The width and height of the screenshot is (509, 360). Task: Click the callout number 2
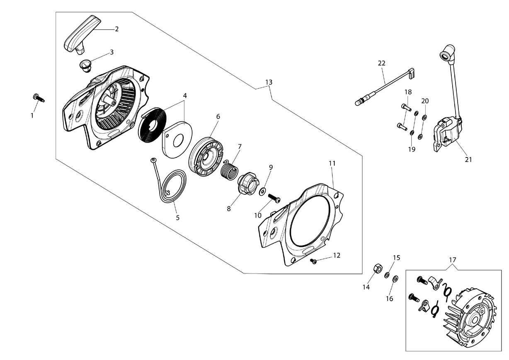tap(116, 29)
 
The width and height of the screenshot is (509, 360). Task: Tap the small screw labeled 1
tap(39, 98)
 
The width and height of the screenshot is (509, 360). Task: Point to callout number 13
tap(269, 82)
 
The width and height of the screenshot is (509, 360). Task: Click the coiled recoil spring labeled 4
tap(152, 127)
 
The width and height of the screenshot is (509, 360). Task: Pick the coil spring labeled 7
tap(230, 170)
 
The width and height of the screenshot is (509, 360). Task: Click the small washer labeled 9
tap(262, 191)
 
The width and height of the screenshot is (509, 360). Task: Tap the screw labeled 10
tap(274, 198)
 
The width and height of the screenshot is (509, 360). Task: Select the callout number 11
tap(332, 163)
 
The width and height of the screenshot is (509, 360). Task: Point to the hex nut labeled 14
tap(377, 268)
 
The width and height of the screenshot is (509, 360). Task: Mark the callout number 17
tap(452, 260)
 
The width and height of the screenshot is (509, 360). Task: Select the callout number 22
tap(381, 63)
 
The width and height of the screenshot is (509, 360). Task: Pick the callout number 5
tap(178, 217)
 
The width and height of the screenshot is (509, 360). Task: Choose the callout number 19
tap(412, 149)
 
